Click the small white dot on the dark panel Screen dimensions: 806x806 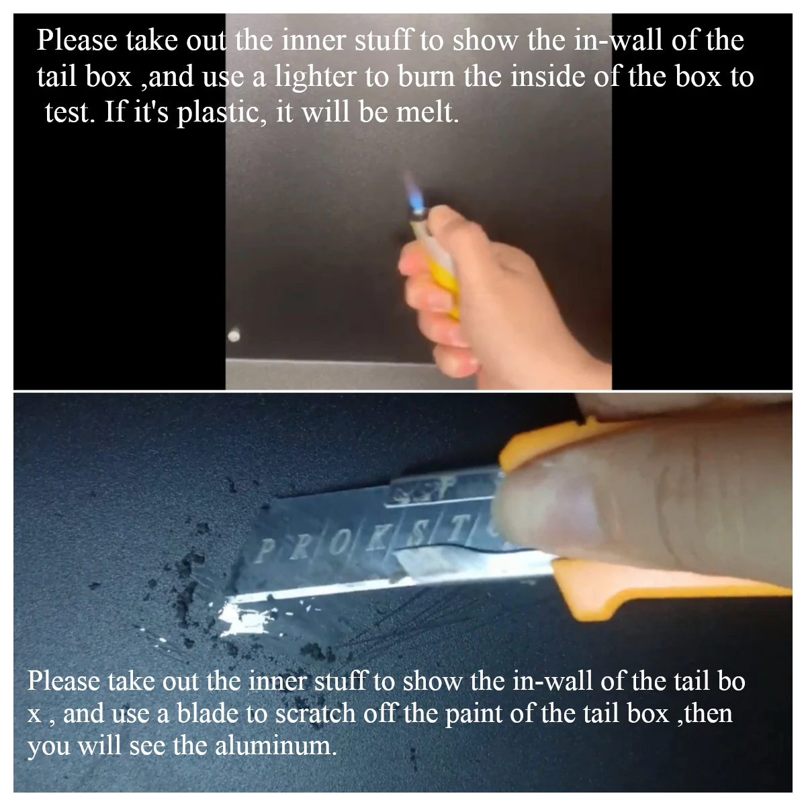234,335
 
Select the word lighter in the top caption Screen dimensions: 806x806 315,77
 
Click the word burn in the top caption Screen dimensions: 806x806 427,77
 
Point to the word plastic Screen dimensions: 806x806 221,113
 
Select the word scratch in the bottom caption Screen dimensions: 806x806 315,713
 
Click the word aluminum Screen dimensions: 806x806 275,746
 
